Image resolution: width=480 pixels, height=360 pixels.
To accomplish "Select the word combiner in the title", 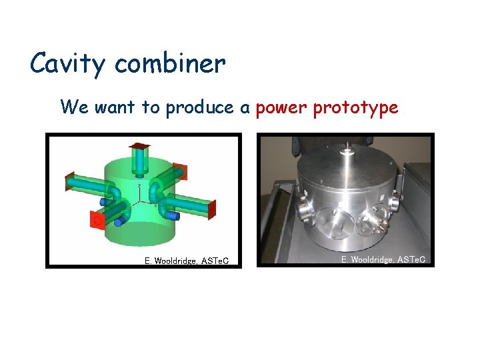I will coord(170,65).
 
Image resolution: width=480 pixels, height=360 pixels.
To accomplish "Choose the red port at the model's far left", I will coord(69,181).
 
